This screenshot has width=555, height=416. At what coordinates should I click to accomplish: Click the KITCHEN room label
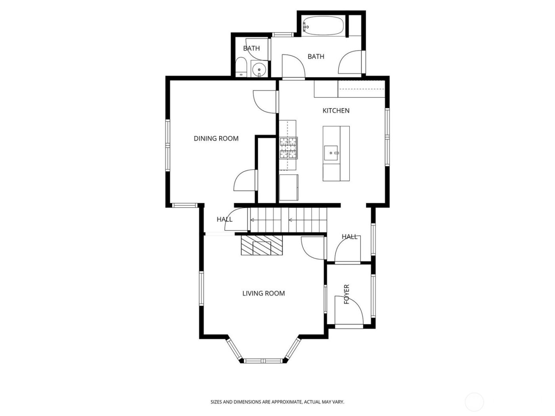point(336,111)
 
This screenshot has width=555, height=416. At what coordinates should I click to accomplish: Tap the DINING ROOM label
point(216,138)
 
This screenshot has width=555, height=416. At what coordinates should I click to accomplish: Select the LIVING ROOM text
point(264,293)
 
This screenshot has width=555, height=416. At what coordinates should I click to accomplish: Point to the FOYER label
point(346,294)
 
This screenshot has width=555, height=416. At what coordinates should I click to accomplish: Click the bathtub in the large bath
point(322,26)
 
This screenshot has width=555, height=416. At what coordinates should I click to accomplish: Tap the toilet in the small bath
point(240,68)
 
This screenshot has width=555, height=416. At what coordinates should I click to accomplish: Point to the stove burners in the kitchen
point(288,148)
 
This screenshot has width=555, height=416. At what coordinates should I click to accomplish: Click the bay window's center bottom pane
point(264,361)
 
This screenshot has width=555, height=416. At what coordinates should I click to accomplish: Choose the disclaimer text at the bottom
point(277,402)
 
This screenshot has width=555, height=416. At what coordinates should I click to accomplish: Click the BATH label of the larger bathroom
point(316,57)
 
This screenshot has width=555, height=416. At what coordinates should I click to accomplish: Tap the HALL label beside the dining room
point(224,219)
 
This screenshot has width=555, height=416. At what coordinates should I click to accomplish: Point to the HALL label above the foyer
point(350,237)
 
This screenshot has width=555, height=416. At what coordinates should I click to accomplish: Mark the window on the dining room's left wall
point(168,145)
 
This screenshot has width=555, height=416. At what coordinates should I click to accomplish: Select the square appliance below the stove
point(288,188)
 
